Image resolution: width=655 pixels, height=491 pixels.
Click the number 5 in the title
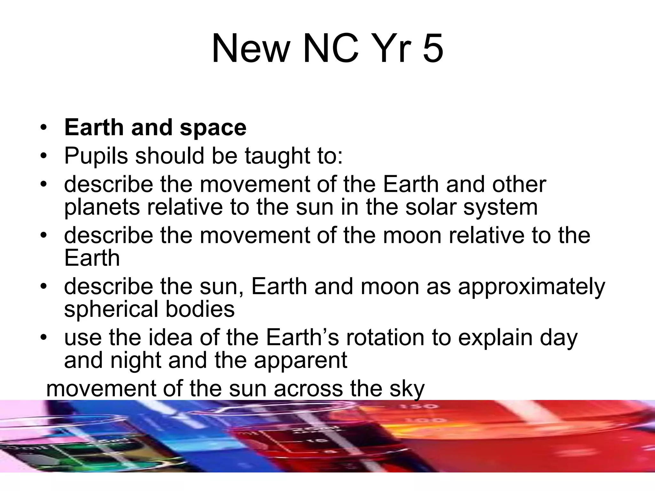433,49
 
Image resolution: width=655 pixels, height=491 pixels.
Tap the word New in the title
250,49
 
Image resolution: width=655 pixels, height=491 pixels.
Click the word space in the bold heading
213,128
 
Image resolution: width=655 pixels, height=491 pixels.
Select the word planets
102,208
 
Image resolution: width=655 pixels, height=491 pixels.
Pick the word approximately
532,287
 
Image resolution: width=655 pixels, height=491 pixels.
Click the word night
136,361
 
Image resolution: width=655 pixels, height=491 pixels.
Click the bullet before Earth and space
43,128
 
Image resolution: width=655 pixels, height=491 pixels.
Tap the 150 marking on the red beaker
419,407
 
